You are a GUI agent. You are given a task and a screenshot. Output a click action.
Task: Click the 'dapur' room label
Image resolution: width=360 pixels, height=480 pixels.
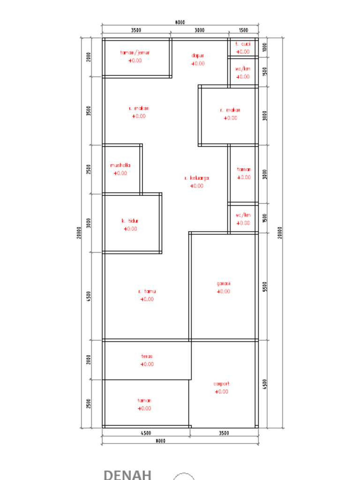click(x=198, y=55)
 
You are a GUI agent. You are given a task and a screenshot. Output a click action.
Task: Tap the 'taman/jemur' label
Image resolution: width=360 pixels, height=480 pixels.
click(x=135, y=52)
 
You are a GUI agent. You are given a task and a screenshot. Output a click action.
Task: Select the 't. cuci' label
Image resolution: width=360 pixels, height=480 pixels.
click(x=243, y=44)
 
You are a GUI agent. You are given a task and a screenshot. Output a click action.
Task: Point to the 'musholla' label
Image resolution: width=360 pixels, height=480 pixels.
click(x=120, y=165)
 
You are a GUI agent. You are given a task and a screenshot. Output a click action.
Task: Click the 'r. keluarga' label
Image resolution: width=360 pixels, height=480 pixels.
click(x=197, y=178)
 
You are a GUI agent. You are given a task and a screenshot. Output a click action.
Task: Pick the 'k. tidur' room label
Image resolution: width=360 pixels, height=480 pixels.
click(x=130, y=221)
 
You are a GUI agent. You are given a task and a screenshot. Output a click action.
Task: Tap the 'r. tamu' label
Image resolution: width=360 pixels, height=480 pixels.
click(x=147, y=291)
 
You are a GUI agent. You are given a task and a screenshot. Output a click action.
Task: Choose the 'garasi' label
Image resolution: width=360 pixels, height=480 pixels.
click(x=224, y=283)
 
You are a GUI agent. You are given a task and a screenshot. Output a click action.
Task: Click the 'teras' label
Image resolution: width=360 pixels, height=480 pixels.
click(x=147, y=356)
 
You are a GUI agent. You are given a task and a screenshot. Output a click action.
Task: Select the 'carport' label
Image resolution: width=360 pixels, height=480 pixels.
click(x=221, y=383)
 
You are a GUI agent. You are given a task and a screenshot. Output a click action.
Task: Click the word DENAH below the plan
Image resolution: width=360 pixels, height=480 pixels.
click(x=127, y=474)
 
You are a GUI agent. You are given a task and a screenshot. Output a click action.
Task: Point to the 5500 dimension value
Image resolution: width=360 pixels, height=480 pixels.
click(x=265, y=286)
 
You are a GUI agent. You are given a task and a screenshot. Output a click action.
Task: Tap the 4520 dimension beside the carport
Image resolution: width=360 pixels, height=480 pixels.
click(x=265, y=383)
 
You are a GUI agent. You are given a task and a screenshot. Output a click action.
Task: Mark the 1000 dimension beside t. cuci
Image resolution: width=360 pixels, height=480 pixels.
click(x=265, y=47)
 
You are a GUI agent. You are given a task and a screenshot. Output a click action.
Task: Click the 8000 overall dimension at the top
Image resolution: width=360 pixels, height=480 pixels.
click(x=180, y=22)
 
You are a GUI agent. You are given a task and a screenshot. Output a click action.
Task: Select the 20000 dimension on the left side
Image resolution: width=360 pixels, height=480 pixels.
click(x=79, y=232)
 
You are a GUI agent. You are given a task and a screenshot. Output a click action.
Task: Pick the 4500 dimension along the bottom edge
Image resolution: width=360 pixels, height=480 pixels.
click(x=145, y=433)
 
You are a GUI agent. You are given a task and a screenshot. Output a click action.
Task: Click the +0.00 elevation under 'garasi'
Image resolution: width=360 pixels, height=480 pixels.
click(x=224, y=291)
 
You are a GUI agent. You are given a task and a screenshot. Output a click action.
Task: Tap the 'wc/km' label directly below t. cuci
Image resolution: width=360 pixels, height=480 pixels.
click(x=243, y=69)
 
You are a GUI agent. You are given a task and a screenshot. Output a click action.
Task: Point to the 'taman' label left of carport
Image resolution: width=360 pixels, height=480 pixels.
click(x=144, y=401)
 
